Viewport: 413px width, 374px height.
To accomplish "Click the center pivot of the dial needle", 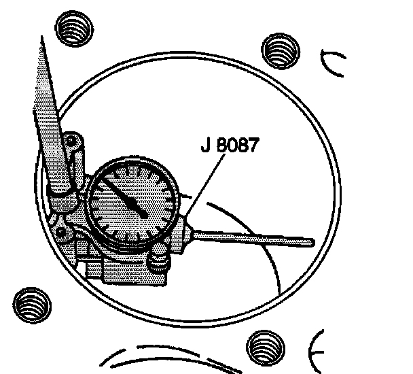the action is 145,215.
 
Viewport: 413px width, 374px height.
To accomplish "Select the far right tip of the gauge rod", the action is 312,241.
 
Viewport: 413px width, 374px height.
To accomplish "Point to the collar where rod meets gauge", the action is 186,231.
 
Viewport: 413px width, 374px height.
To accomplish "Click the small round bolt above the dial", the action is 72,143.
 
